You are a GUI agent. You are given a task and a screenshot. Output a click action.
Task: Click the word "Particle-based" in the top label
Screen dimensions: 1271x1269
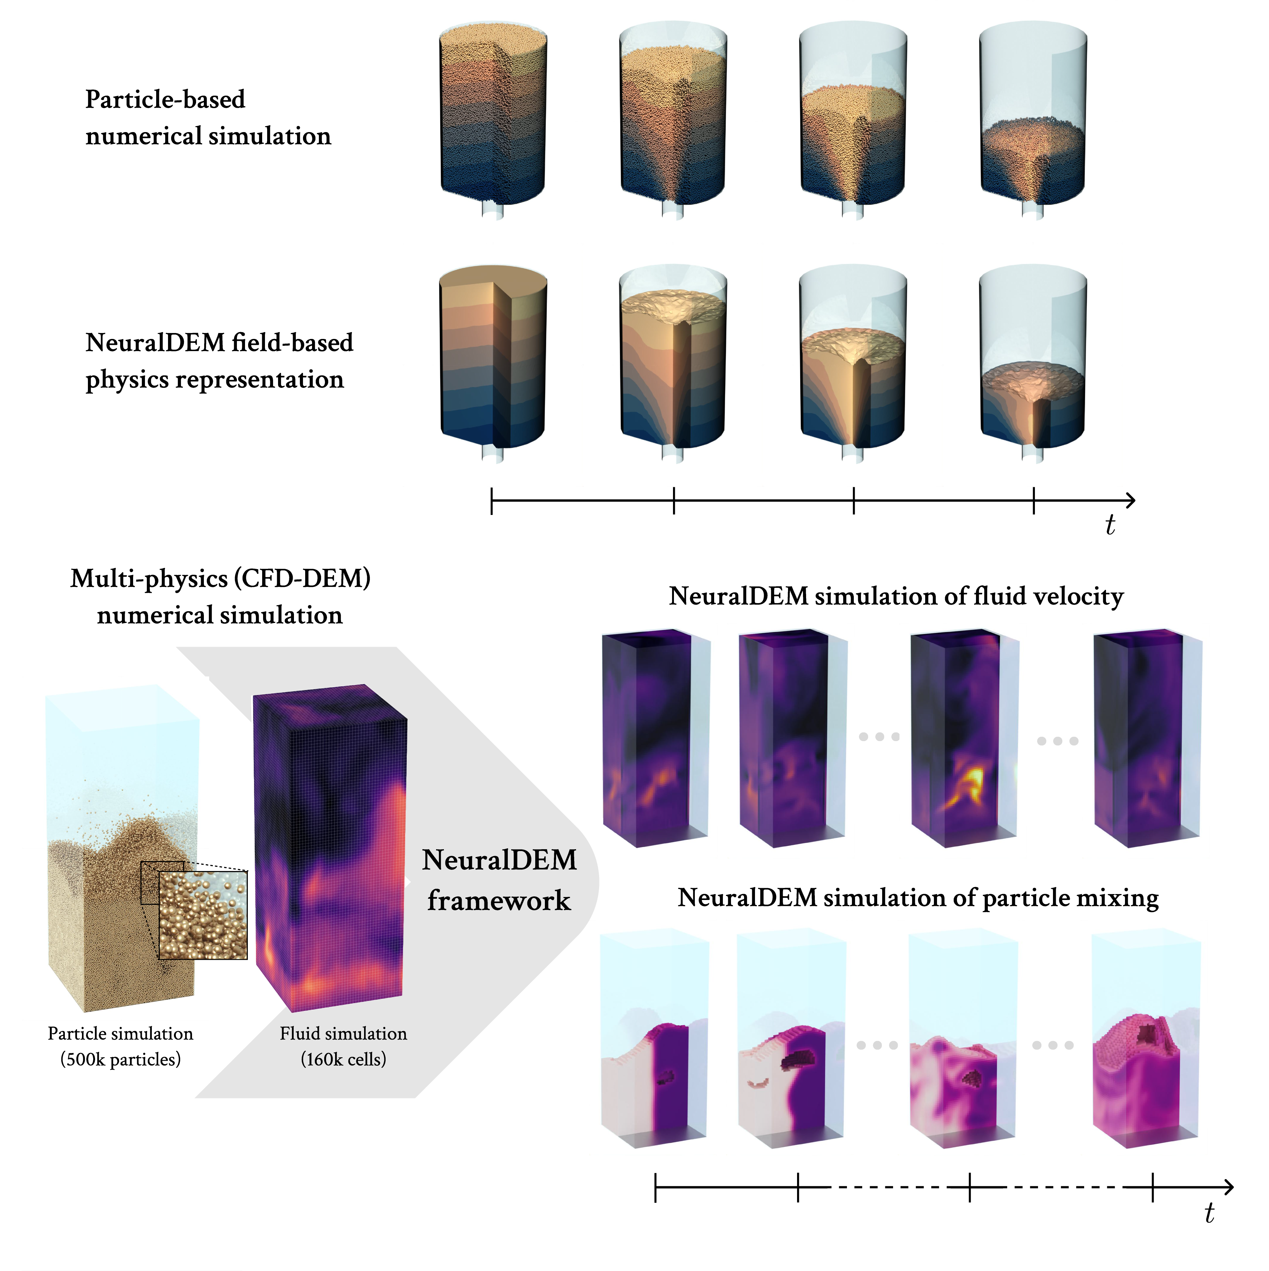[165, 99]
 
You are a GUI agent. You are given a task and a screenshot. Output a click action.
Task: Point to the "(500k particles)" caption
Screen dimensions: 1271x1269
[120, 1059]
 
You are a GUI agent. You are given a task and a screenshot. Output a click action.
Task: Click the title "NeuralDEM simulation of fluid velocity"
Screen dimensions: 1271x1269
[896, 596]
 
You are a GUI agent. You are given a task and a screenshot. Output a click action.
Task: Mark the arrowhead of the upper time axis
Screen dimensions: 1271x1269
[1131, 501]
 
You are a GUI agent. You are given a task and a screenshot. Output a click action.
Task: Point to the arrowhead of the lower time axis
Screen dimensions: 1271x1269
[1228, 1188]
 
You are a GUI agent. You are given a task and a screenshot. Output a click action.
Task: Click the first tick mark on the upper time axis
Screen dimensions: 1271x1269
[492, 501]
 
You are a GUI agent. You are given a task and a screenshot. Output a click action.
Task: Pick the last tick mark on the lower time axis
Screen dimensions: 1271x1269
[1152, 1188]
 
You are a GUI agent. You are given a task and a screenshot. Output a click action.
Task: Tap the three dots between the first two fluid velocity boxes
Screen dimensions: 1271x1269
[879, 737]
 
